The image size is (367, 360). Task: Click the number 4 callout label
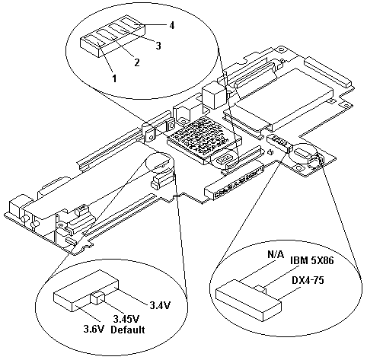(x=172, y=25)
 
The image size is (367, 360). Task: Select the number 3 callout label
(x=158, y=46)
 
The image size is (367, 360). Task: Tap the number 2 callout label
(x=137, y=62)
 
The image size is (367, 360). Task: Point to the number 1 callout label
(x=115, y=78)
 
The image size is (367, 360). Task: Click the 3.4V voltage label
(x=160, y=306)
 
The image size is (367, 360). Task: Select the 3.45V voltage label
(x=126, y=319)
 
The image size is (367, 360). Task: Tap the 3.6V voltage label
(x=94, y=330)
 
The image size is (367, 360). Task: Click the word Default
(x=128, y=330)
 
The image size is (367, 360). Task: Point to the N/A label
(x=276, y=254)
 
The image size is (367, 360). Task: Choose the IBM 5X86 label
(x=312, y=260)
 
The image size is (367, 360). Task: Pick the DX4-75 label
(x=308, y=280)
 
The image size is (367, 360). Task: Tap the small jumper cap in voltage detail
(x=98, y=298)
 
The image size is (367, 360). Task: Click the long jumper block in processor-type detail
(x=248, y=300)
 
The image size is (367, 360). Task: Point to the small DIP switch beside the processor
(x=224, y=159)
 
